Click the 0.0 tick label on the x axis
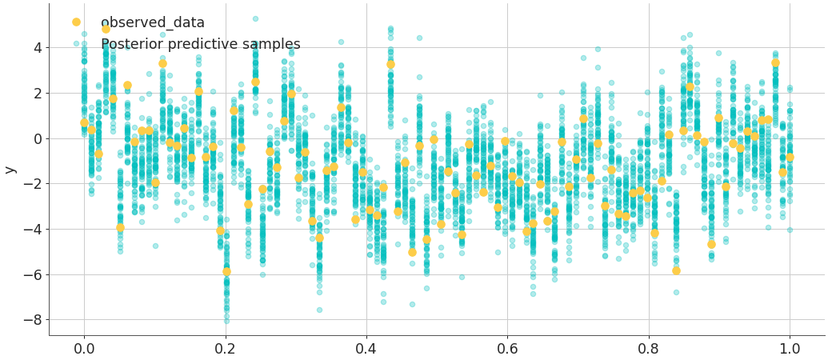point(84,349)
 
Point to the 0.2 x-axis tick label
point(225,349)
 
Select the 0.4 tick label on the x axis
point(366,349)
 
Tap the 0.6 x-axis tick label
point(507,349)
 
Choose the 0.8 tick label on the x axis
point(649,349)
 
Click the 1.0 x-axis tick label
point(790,349)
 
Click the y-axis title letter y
point(10,170)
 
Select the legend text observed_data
point(153,22)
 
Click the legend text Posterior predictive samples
point(201,44)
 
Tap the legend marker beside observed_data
point(76,22)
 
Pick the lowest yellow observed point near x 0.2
point(226,272)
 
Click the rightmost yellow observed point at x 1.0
point(790,158)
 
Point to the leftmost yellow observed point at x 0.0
point(84,123)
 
